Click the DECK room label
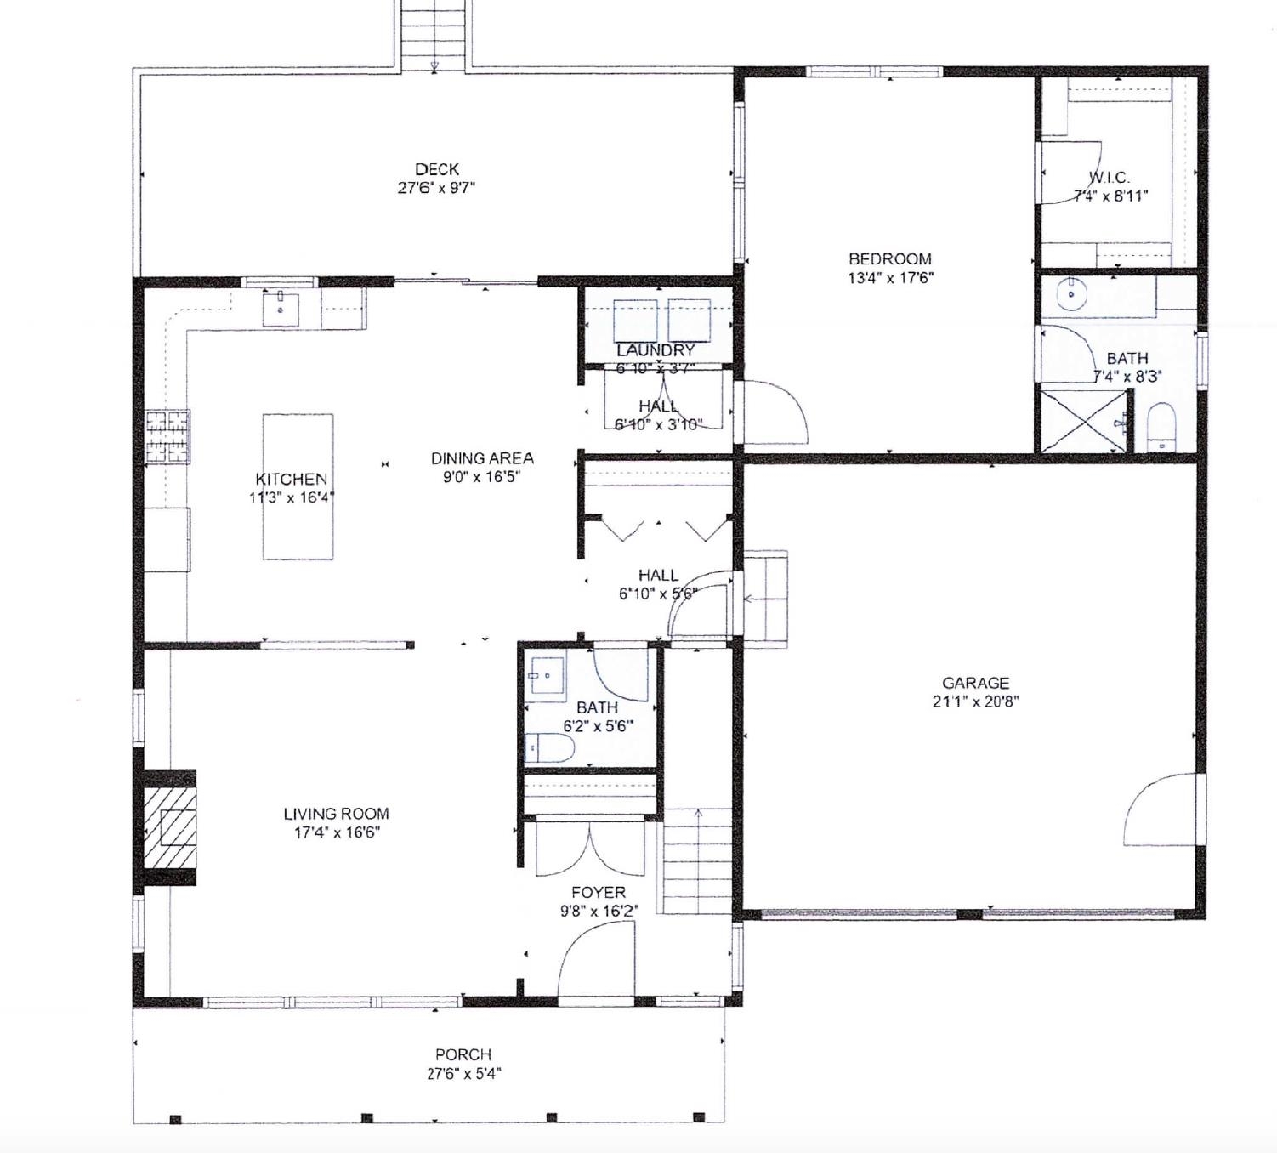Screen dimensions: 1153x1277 [436, 169]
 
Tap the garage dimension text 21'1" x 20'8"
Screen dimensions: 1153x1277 [975, 701]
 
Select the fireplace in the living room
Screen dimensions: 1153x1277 [170, 827]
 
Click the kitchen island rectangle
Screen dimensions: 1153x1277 [297, 486]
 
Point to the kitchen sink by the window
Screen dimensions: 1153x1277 [280, 307]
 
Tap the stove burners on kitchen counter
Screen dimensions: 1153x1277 [167, 436]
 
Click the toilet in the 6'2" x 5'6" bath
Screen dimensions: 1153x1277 [549, 748]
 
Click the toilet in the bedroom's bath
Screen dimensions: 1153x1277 [1161, 427]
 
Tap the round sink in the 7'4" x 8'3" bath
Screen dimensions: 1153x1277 [1071, 295]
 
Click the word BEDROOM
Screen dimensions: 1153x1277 [889, 258]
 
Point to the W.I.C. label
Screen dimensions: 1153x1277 [1109, 177]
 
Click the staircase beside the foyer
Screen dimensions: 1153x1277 [697, 860]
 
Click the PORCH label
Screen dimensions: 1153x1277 [463, 1054]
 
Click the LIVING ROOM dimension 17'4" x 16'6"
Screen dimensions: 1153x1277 [337, 832]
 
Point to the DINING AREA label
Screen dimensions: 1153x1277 [481, 458]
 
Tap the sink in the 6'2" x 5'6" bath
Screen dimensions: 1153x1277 [546, 677]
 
